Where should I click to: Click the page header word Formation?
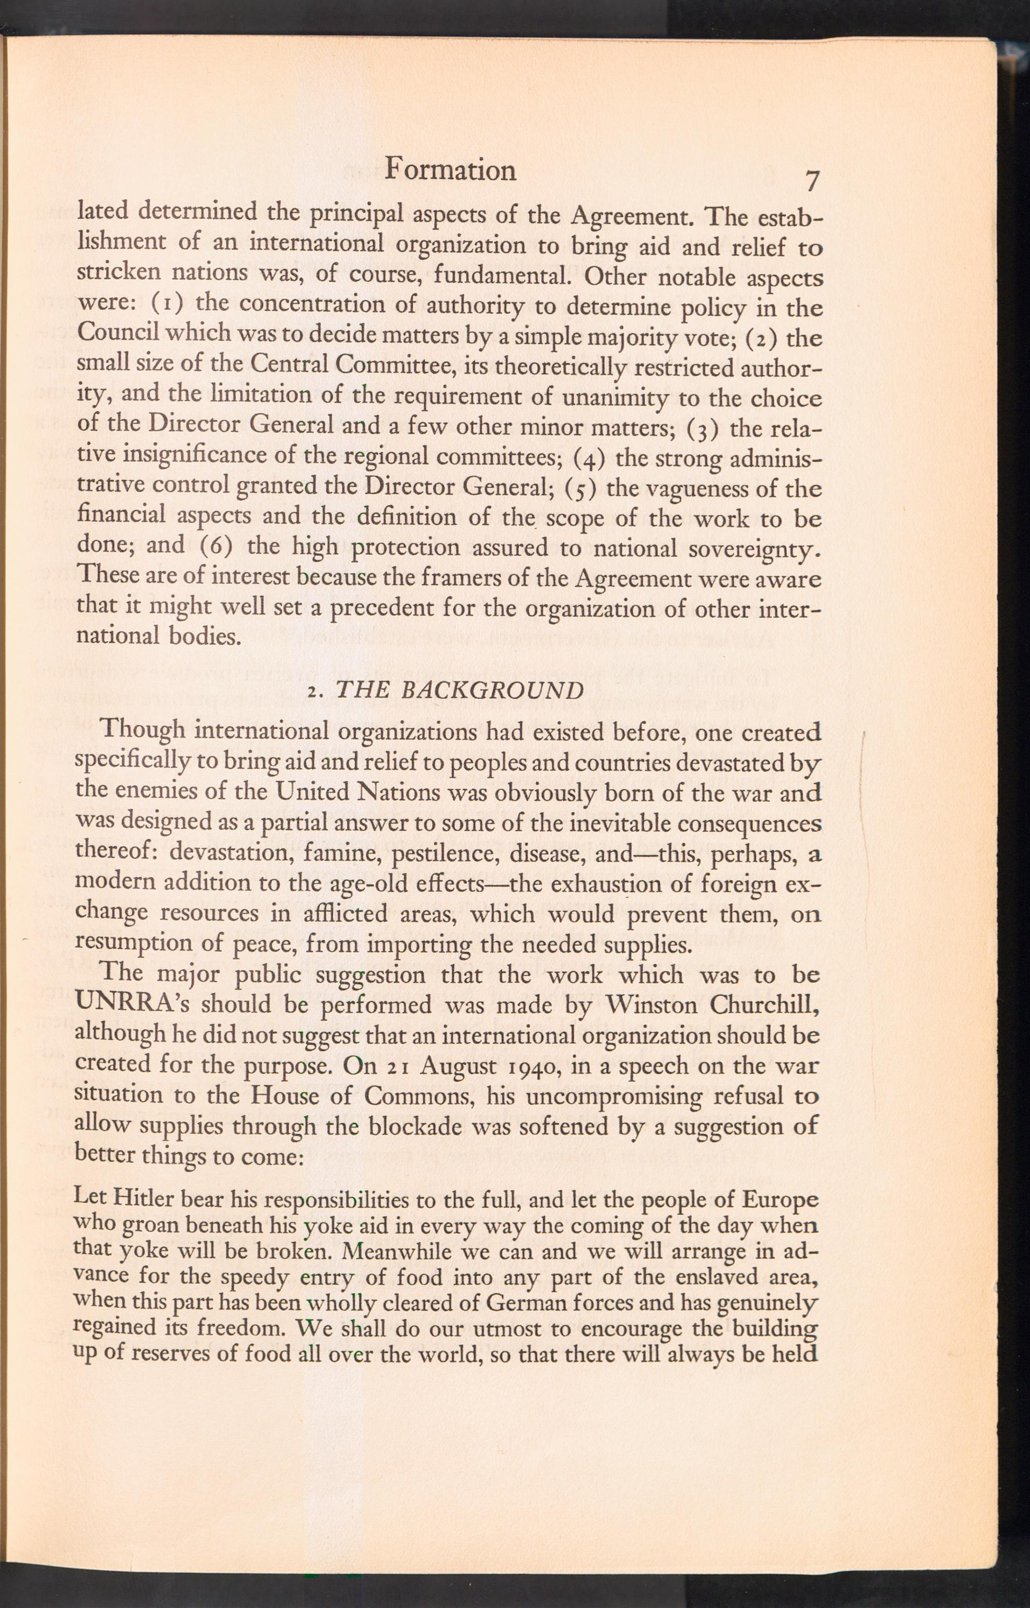click(x=452, y=170)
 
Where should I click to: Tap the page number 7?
click(x=812, y=181)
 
